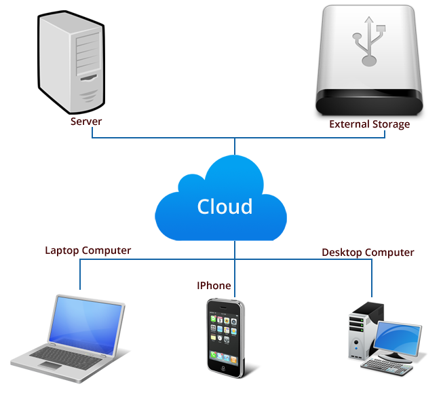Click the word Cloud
(x=225, y=206)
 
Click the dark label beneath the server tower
(x=86, y=121)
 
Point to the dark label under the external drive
(x=369, y=125)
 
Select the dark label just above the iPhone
(x=214, y=285)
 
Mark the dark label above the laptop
(x=88, y=251)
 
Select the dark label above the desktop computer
(x=368, y=253)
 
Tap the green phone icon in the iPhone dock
(x=214, y=355)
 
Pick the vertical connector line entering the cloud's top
(x=235, y=147)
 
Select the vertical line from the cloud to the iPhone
(x=235, y=265)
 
